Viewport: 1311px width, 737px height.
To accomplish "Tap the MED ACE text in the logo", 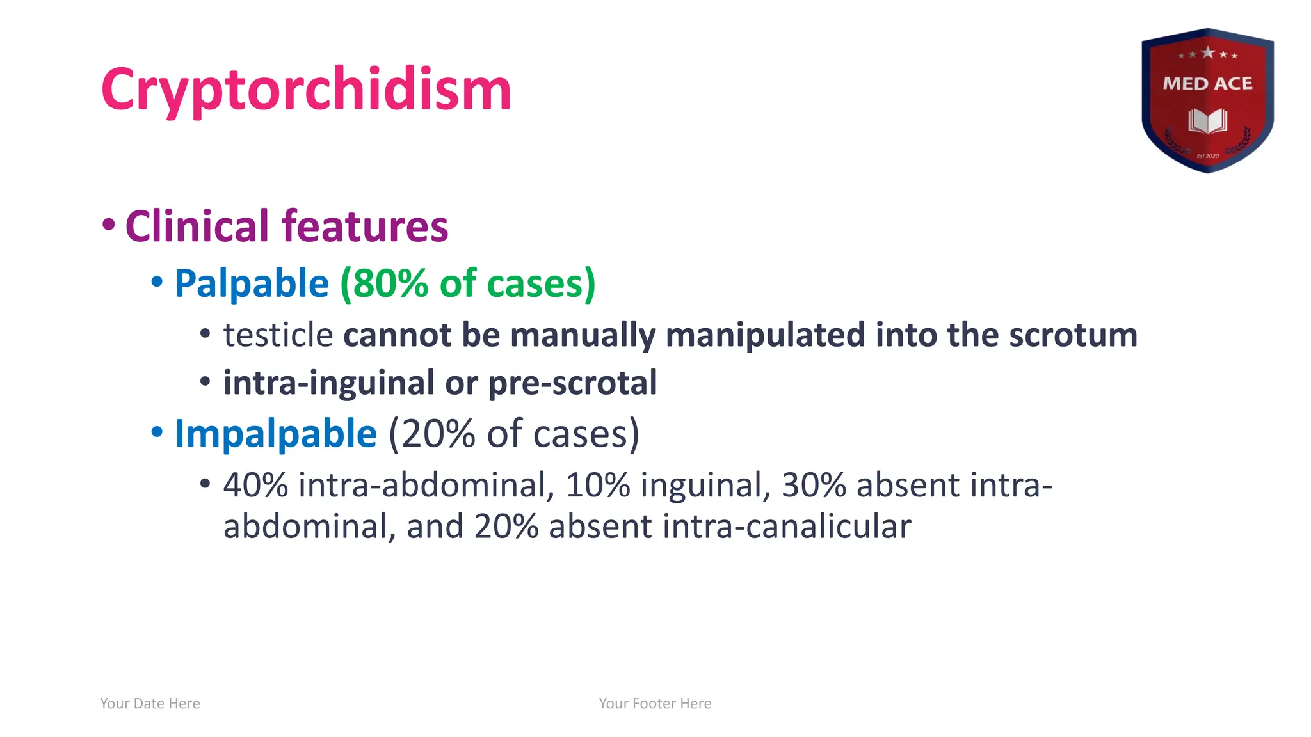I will click(x=1207, y=84).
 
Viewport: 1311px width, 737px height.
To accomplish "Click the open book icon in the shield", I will click(x=1207, y=120).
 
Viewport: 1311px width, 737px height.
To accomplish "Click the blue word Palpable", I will click(x=252, y=283).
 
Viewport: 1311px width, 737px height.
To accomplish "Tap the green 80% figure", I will click(x=390, y=283).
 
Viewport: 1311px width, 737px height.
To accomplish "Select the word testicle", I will click(x=278, y=335).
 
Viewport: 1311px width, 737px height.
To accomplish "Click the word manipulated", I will click(x=766, y=335).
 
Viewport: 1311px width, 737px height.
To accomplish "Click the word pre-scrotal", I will click(x=572, y=383).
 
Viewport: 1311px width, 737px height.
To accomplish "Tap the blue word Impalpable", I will click(x=275, y=434).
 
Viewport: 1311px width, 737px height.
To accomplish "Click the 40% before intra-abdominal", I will click(x=255, y=485).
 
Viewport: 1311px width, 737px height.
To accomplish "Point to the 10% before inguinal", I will click(x=598, y=485).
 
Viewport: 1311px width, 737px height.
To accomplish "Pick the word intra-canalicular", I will click(x=787, y=527).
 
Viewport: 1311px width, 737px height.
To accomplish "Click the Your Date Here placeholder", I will click(x=150, y=704).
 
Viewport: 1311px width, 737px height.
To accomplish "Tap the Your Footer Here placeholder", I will click(x=655, y=704).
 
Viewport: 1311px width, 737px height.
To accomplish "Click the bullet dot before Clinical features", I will click(x=109, y=225).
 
